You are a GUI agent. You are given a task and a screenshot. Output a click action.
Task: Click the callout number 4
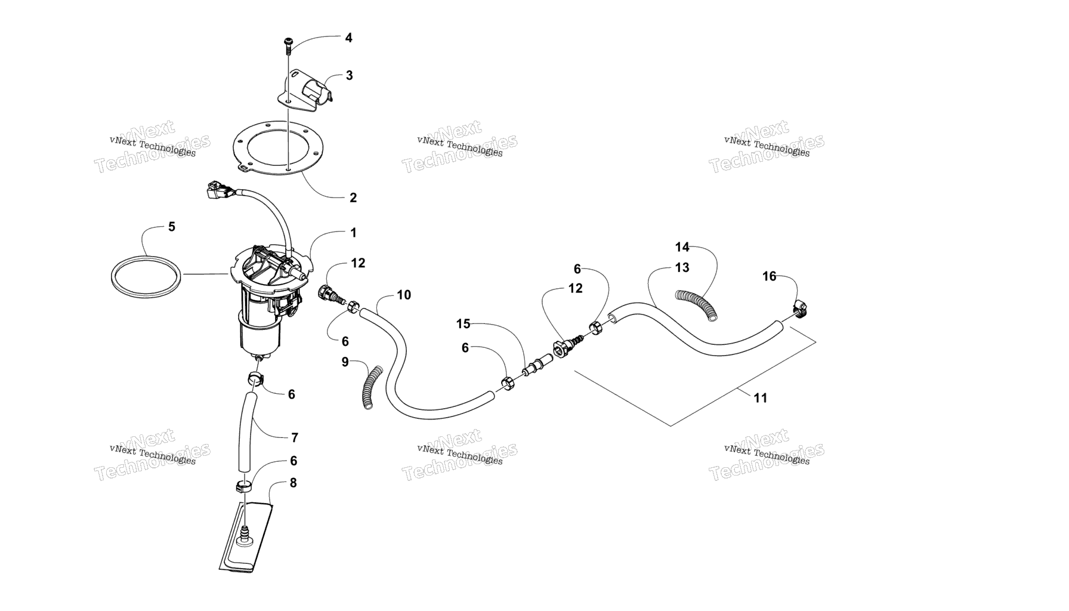[348, 38]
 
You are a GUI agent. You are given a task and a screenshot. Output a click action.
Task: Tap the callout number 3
[349, 76]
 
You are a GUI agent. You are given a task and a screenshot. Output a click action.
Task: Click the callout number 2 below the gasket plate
[353, 198]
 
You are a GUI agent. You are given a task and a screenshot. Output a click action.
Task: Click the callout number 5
[172, 227]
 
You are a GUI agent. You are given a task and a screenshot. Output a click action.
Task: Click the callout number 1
[353, 233]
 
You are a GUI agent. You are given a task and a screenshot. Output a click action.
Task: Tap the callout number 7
[294, 438]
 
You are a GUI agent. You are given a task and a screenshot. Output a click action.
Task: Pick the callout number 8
[293, 483]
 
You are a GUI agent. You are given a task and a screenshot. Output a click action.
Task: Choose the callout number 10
[404, 295]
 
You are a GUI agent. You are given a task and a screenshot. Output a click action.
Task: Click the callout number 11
[760, 398]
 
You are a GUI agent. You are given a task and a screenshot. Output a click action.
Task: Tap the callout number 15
[464, 324]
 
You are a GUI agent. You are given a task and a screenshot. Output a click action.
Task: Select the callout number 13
[682, 268]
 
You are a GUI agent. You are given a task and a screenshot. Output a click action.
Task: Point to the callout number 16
[770, 276]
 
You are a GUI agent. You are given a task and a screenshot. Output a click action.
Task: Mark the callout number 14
[682, 247]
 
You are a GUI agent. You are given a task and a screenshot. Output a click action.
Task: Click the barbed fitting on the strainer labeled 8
[245, 535]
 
